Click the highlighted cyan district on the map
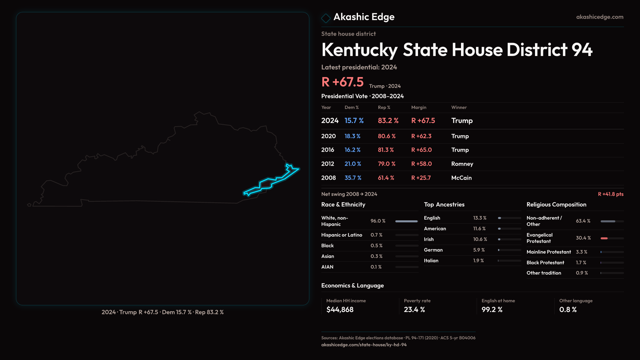pyautogui.click(x=267, y=183)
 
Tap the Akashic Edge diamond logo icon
pyautogui.click(x=326, y=18)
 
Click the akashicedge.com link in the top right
pyautogui.click(x=599, y=17)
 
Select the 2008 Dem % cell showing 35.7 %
pyautogui.click(x=353, y=178)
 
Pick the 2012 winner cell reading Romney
pyautogui.click(x=462, y=164)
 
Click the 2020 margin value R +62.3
pyautogui.click(x=421, y=136)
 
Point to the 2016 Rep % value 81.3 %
pyautogui.click(x=386, y=150)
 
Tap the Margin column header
pyautogui.click(x=419, y=108)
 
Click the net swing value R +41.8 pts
pyautogui.click(x=610, y=194)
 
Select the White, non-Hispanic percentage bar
pyautogui.click(x=406, y=221)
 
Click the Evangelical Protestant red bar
pyautogui.click(x=604, y=238)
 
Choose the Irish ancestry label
pyautogui.click(x=429, y=239)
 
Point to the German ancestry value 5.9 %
pyautogui.click(x=479, y=250)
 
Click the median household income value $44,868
pyautogui.click(x=340, y=310)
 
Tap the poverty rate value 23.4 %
pyautogui.click(x=414, y=310)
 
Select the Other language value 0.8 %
pyautogui.click(x=568, y=310)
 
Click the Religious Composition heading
pyautogui.click(x=556, y=205)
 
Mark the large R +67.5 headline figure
pyautogui.click(x=342, y=82)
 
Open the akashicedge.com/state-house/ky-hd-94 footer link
pyautogui.click(x=364, y=345)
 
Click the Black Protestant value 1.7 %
pyautogui.click(x=581, y=263)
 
